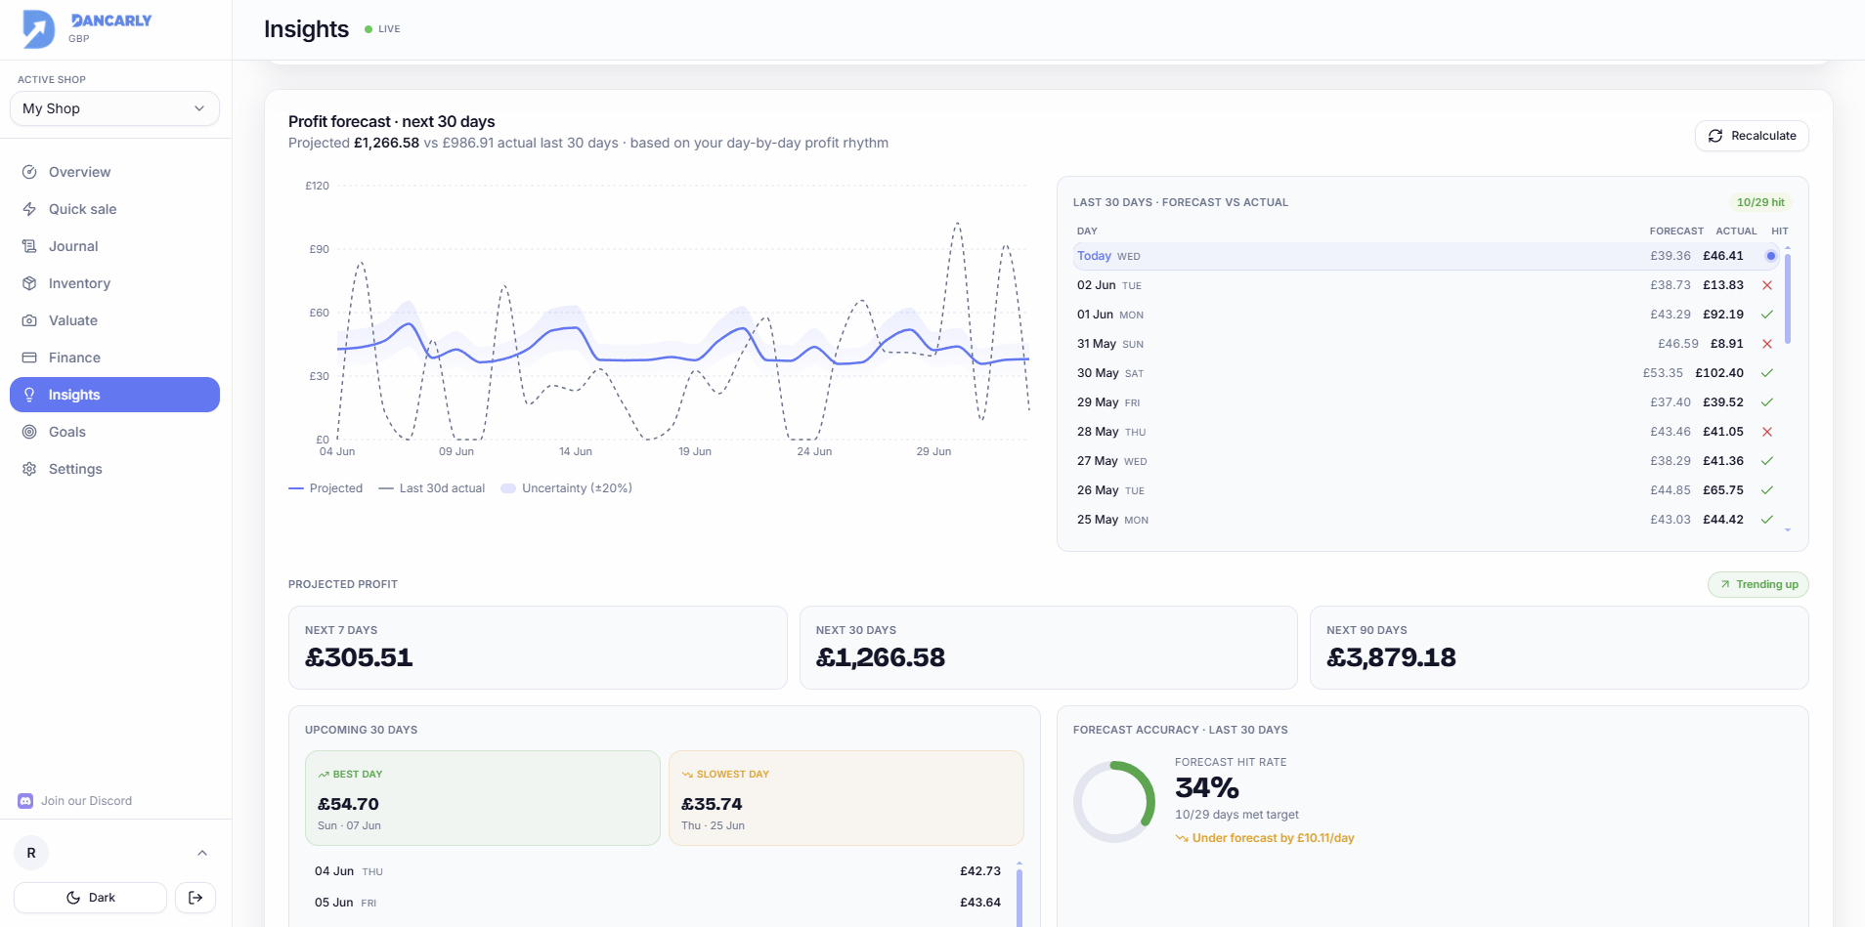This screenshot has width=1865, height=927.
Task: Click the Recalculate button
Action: click(x=1752, y=136)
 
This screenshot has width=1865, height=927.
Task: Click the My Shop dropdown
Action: click(x=114, y=108)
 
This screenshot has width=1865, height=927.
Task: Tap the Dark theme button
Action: click(x=90, y=898)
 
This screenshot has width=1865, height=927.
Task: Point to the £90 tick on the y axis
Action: click(x=319, y=249)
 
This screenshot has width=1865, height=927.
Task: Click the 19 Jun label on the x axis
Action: click(x=695, y=451)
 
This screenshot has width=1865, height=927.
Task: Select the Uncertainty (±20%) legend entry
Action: click(x=567, y=488)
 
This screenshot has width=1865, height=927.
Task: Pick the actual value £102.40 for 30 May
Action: click(x=1719, y=373)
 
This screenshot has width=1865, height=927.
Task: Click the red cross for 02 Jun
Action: click(x=1767, y=285)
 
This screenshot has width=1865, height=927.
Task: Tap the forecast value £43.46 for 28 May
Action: click(x=1670, y=432)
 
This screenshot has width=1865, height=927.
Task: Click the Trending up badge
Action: click(x=1758, y=584)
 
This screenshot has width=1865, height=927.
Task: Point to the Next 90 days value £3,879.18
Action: click(x=1391, y=657)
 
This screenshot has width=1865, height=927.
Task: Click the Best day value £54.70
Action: click(x=348, y=804)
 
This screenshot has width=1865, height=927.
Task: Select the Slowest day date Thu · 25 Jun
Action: click(x=713, y=825)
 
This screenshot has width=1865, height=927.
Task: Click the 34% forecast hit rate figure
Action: click(x=1207, y=787)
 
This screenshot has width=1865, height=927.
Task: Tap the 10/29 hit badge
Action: click(x=1760, y=202)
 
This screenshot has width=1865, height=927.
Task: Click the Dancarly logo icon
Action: click(x=39, y=29)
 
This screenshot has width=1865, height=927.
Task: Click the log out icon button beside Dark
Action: click(x=195, y=898)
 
